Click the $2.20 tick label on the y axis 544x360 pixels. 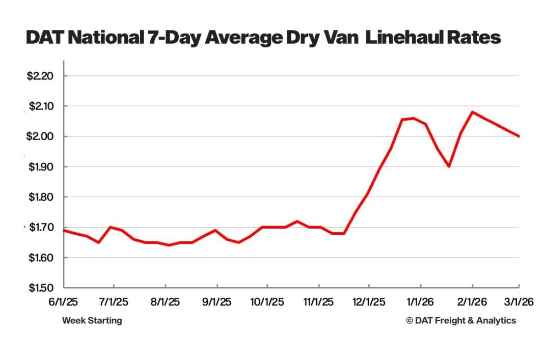tap(40, 76)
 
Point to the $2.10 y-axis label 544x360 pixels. tap(40, 106)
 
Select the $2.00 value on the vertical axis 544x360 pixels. tap(40, 136)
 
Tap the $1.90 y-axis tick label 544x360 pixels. tap(40, 167)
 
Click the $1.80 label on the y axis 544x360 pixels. tap(40, 197)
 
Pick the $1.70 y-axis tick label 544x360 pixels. tap(40, 228)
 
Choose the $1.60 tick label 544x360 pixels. tap(40, 258)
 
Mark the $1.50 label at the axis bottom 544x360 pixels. tap(40, 288)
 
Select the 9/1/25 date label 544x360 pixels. tap(217, 302)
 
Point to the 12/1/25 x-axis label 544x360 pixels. tap(369, 302)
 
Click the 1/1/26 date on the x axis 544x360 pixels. tap(420, 302)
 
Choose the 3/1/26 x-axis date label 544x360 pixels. tap(518, 302)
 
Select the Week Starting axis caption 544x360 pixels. tap(92, 320)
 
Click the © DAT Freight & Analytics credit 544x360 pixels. tap(461, 320)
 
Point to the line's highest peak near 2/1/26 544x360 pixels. tap(473, 112)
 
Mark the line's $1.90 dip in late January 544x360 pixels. tap(449, 167)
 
